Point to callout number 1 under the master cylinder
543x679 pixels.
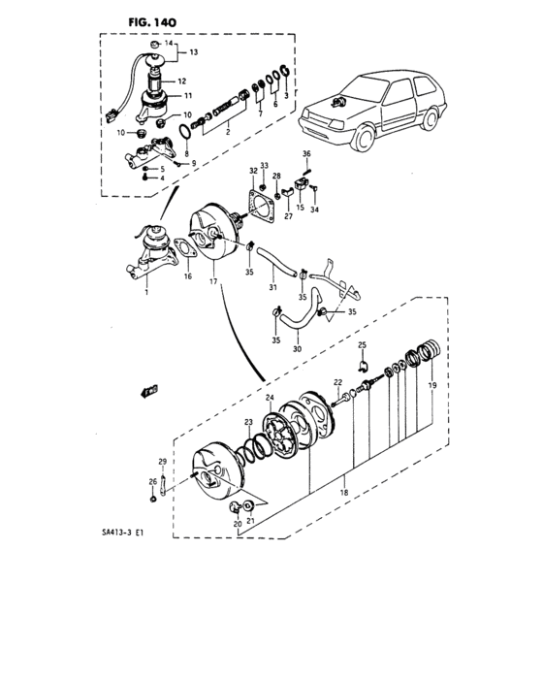pyautogui.click(x=148, y=291)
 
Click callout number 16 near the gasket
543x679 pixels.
pyautogui.click(x=188, y=276)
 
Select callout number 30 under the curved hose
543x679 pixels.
pyautogui.click(x=296, y=350)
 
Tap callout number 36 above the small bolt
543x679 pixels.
pyautogui.click(x=305, y=154)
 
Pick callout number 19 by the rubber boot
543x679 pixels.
pyautogui.click(x=432, y=386)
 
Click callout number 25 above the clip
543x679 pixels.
pyautogui.click(x=363, y=345)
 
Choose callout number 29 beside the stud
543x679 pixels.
pyautogui.click(x=163, y=461)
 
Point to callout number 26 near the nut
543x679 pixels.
pyautogui.click(x=152, y=481)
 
